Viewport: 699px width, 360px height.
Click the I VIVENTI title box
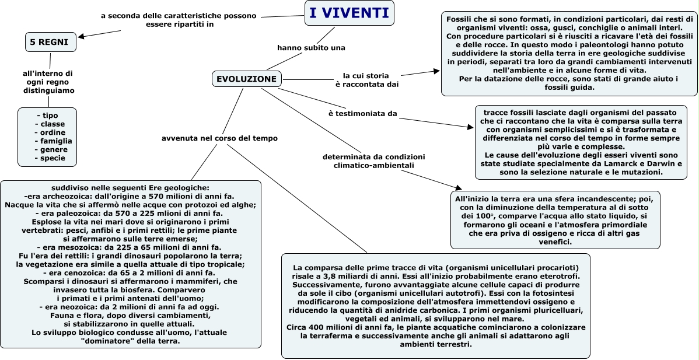tap(349, 13)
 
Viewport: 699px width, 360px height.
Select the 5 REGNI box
tap(51, 42)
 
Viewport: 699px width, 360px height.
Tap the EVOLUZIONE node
tap(246, 79)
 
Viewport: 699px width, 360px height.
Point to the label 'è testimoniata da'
tap(362, 113)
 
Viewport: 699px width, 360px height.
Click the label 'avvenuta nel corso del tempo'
tap(219, 138)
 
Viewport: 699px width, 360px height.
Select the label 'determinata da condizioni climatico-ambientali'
tap(374, 161)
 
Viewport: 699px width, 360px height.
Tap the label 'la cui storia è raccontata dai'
tap(366, 80)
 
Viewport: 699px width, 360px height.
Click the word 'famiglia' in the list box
tap(53, 141)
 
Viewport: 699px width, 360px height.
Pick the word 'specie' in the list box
tap(53, 158)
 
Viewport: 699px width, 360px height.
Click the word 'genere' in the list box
tap(54, 149)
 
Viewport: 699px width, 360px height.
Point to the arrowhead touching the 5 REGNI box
tap(81, 37)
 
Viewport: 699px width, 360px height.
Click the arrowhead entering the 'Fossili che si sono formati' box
tap(436, 71)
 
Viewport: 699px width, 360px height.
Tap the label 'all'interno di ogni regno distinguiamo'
tap(48, 82)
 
